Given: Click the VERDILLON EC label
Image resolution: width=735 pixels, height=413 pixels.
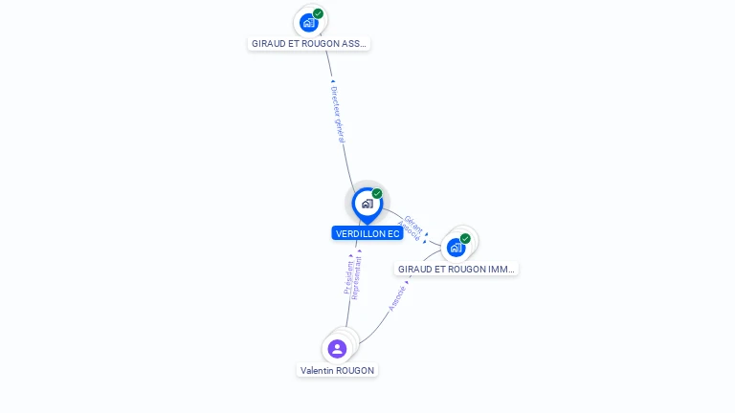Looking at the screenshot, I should pyautogui.click(x=367, y=233).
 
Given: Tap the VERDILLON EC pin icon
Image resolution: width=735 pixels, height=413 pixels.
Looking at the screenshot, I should pyautogui.click(x=367, y=204).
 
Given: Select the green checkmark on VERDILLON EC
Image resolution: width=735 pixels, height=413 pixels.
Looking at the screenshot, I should pyautogui.click(x=377, y=194).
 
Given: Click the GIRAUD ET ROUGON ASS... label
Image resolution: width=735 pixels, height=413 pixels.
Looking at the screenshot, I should pyautogui.click(x=308, y=43).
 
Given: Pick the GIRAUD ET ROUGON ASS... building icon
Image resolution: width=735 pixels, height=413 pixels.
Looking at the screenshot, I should pyautogui.click(x=308, y=22).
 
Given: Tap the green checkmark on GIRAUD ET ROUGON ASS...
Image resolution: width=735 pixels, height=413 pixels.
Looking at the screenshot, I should pyautogui.click(x=318, y=13).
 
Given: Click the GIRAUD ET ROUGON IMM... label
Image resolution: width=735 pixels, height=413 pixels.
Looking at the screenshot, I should pyautogui.click(x=457, y=270).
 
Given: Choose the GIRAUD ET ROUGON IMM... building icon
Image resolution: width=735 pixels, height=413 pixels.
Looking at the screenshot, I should pyautogui.click(x=456, y=248).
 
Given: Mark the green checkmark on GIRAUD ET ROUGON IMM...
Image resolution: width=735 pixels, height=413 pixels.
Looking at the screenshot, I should pyautogui.click(x=465, y=239).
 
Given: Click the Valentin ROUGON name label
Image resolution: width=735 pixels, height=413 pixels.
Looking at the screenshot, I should pyautogui.click(x=337, y=370).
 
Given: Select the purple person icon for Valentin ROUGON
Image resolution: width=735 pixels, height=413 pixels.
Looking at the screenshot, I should pyautogui.click(x=337, y=349).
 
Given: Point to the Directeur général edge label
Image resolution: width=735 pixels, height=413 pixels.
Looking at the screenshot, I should pyautogui.click(x=337, y=115).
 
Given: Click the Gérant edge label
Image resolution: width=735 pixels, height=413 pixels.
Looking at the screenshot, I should pyautogui.click(x=414, y=224).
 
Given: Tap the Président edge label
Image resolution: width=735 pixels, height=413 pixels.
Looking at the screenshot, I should pyautogui.click(x=349, y=277).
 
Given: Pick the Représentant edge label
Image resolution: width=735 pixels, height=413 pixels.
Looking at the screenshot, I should pyautogui.click(x=358, y=277).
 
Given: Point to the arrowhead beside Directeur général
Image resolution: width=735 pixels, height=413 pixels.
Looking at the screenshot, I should pyautogui.click(x=332, y=82).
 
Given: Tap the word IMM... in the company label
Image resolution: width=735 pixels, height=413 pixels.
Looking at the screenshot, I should pyautogui.click(x=502, y=270).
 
